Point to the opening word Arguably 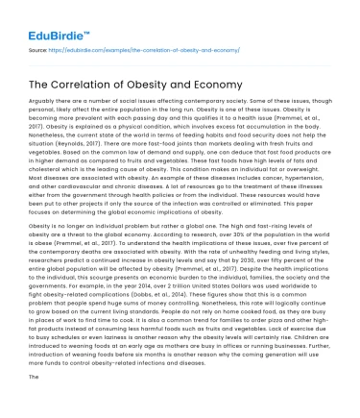(44, 111)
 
